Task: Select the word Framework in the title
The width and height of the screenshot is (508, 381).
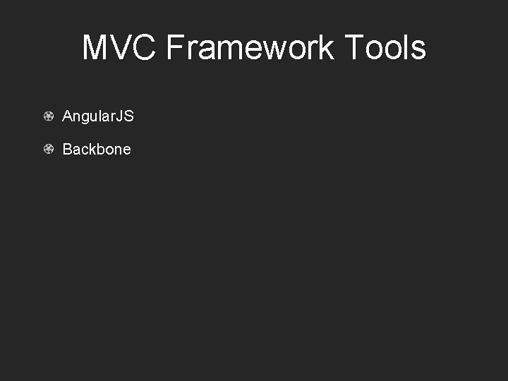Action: [250, 48]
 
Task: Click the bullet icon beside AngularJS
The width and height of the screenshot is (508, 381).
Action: [49, 116]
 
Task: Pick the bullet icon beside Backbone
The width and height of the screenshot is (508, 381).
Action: [49, 149]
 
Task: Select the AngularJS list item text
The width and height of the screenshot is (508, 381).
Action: [97, 116]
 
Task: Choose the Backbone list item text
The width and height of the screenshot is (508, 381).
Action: [97, 150]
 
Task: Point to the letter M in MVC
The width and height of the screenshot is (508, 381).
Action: [96, 48]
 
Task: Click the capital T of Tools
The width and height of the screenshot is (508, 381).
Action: [355, 48]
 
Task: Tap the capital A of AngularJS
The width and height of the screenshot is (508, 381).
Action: [67, 116]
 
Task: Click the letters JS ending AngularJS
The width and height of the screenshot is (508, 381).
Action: [125, 116]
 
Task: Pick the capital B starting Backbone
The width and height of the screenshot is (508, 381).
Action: [67, 150]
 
